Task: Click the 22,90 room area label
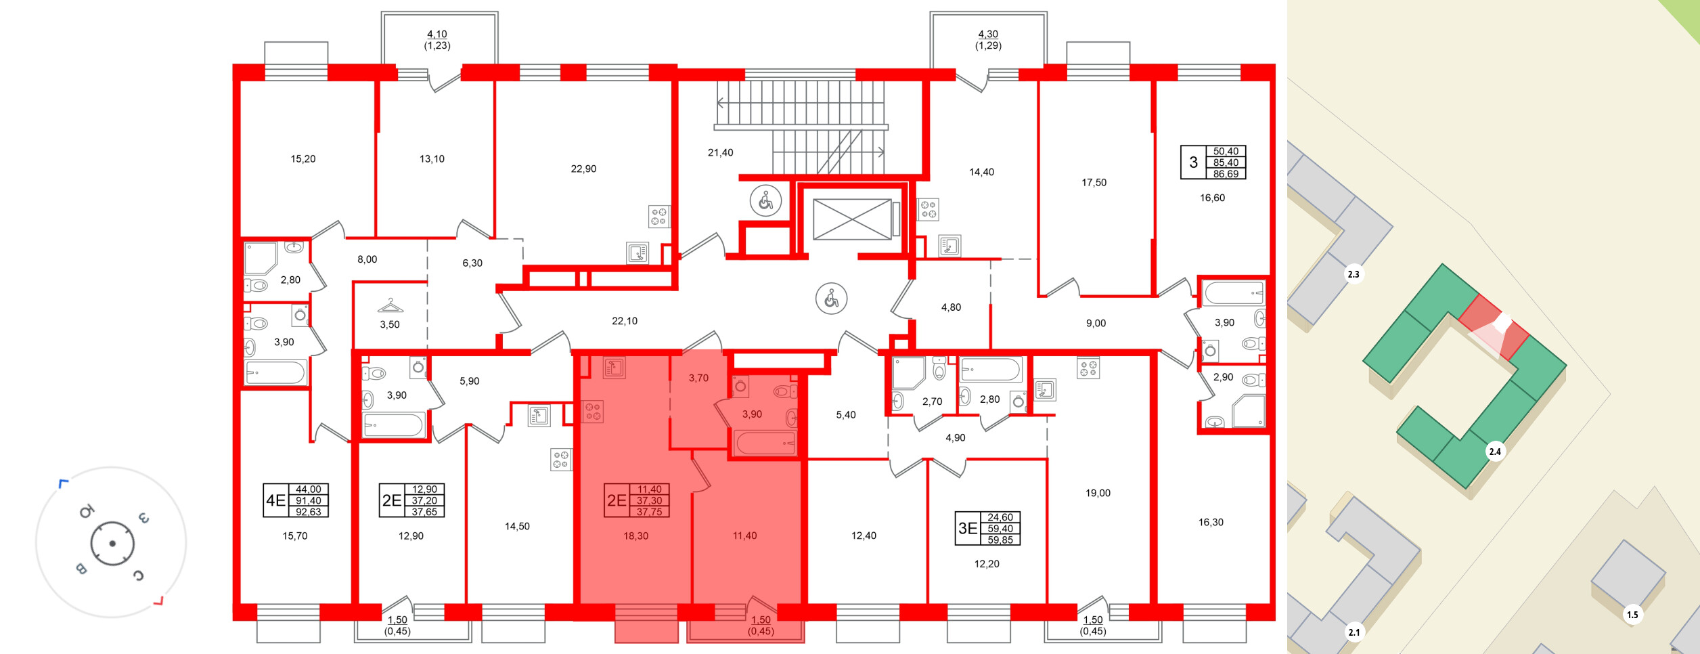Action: click(583, 169)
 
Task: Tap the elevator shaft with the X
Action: click(852, 219)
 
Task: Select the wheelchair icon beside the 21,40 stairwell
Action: click(765, 200)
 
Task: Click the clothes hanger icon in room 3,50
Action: click(390, 305)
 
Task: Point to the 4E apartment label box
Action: click(296, 500)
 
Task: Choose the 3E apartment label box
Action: click(988, 528)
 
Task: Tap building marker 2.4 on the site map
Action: click(1495, 452)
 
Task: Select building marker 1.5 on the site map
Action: click(1632, 615)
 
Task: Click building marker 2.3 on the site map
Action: click(1353, 274)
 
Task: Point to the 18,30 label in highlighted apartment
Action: click(635, 536)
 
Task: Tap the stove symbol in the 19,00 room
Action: click(1088, 368)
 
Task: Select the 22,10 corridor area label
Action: click(624, 321)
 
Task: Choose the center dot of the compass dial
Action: click(112, 543)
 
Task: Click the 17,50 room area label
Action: click(1094, 182)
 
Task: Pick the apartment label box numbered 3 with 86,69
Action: click(1213, 162)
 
